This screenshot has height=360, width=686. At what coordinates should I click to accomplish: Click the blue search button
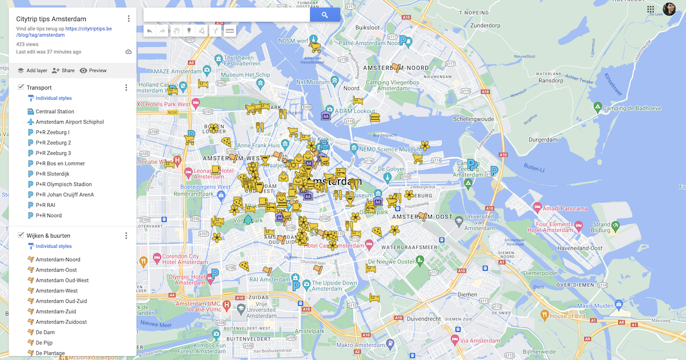click(325, 15)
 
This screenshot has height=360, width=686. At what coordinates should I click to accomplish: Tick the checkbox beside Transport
click(21, 87)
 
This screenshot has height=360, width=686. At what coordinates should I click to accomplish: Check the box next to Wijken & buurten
click(21, 235)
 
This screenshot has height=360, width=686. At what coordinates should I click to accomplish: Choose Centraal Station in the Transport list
click(55, 111)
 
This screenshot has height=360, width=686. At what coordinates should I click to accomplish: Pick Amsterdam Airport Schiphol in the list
click(70, 122)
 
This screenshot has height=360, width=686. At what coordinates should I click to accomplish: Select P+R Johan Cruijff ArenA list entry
click(65, 195)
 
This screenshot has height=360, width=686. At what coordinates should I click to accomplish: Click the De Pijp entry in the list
click(44, 343)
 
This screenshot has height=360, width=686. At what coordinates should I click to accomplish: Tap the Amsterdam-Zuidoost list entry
click(61, 322)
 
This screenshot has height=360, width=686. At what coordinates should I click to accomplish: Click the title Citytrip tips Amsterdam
click(51, 19)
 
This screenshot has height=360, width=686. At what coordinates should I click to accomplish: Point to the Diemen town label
click(467, 294)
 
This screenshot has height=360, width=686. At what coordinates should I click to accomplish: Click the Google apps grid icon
click(651, 9)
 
